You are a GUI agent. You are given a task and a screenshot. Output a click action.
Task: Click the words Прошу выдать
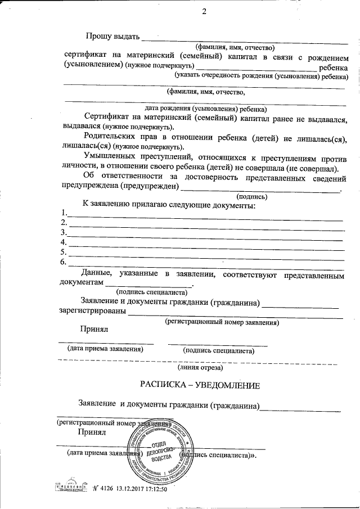pos(112,37)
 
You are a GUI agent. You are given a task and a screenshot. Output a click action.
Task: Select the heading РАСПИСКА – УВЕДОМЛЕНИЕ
pos(200,386)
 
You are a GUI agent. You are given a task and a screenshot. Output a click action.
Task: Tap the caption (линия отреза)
pos(200,368)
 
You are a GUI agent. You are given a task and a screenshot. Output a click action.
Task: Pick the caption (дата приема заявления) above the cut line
pos(105,349)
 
